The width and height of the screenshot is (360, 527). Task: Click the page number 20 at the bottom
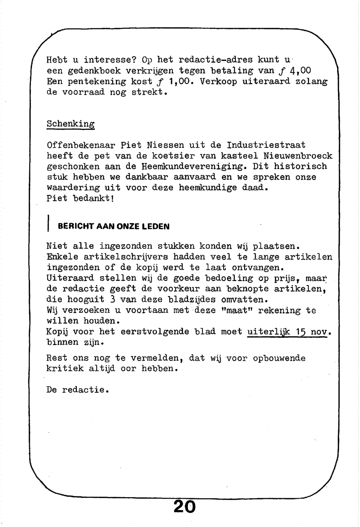click(185, 507)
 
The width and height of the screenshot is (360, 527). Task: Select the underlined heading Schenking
click(71, 124)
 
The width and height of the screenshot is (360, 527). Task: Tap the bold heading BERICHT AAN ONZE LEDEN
click(113, 227)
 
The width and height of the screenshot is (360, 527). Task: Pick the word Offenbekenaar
click(81, 145)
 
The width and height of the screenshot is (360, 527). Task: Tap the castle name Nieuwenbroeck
click(298, 156)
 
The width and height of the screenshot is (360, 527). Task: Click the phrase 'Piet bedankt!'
click(80, 198)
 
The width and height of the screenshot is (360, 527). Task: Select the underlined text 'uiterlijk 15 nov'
click(287, 332)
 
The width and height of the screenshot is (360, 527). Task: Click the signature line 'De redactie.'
click(77, 390)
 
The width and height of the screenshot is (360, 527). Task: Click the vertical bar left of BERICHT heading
click(49, 224)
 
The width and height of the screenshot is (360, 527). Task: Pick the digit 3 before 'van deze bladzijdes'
click(112, 299)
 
